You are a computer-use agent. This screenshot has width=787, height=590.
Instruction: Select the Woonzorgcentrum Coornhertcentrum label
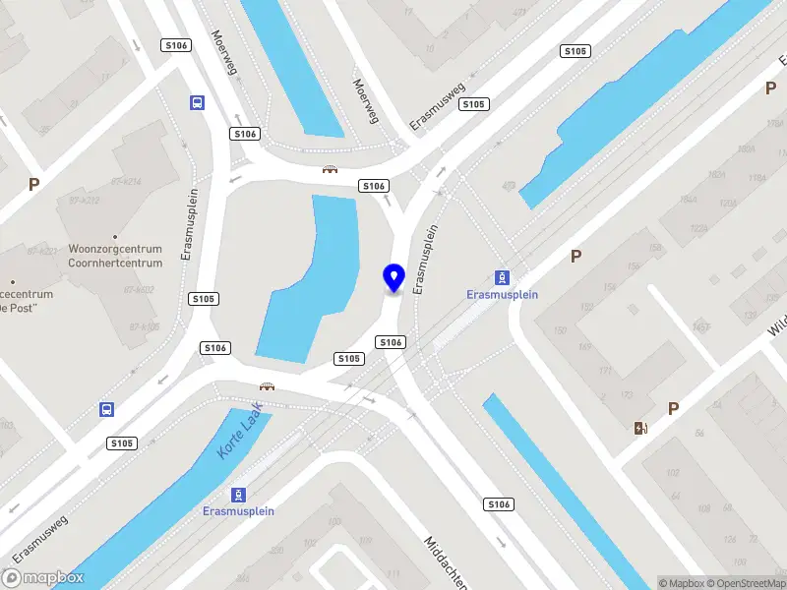115,256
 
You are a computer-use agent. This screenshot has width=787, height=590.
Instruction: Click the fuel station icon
641,427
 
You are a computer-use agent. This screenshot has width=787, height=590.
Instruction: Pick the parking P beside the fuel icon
674,408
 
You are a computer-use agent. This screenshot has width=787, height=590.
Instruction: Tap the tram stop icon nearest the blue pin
502,277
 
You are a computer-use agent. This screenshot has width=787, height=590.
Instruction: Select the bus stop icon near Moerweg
198,102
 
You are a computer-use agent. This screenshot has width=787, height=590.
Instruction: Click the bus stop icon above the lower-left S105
106,409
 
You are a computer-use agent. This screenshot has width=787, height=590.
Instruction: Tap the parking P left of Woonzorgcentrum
34,184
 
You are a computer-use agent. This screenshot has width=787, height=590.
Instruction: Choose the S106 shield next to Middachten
499,504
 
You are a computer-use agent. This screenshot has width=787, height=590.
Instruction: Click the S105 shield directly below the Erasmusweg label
474,104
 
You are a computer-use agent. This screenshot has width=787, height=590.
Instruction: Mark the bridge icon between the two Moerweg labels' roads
330,169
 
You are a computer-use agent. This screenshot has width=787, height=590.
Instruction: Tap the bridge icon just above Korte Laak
266,385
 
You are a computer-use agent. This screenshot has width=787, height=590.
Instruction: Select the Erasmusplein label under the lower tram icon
238,511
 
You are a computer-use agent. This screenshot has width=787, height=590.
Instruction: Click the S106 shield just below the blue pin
391,341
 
